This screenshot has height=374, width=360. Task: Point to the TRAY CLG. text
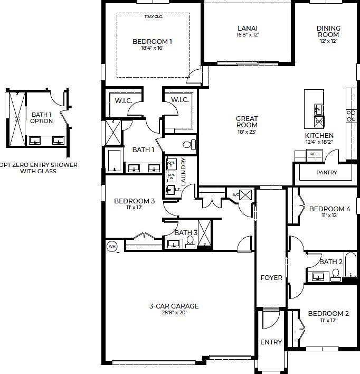[x=153, y=16]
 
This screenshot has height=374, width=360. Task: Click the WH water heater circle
[x=112, y=246]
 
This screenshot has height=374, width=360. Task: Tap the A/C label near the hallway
[x=235, y=195]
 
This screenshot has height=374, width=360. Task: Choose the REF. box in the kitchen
[x=314, y=154]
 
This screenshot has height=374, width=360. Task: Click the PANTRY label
[x=326, y=173]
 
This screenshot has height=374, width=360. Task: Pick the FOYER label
[x=271, y=278]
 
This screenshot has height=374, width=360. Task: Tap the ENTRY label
[x=271, y=342]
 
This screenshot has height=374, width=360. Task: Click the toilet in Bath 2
[x=335, y=275]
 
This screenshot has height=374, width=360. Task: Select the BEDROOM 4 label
[x=329, y=209]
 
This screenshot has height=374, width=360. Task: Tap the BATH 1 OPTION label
[x=42, y=117]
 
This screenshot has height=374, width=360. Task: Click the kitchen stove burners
[x=351, y=116]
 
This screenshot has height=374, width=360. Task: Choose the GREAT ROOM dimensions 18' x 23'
[x=247, y=132]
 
